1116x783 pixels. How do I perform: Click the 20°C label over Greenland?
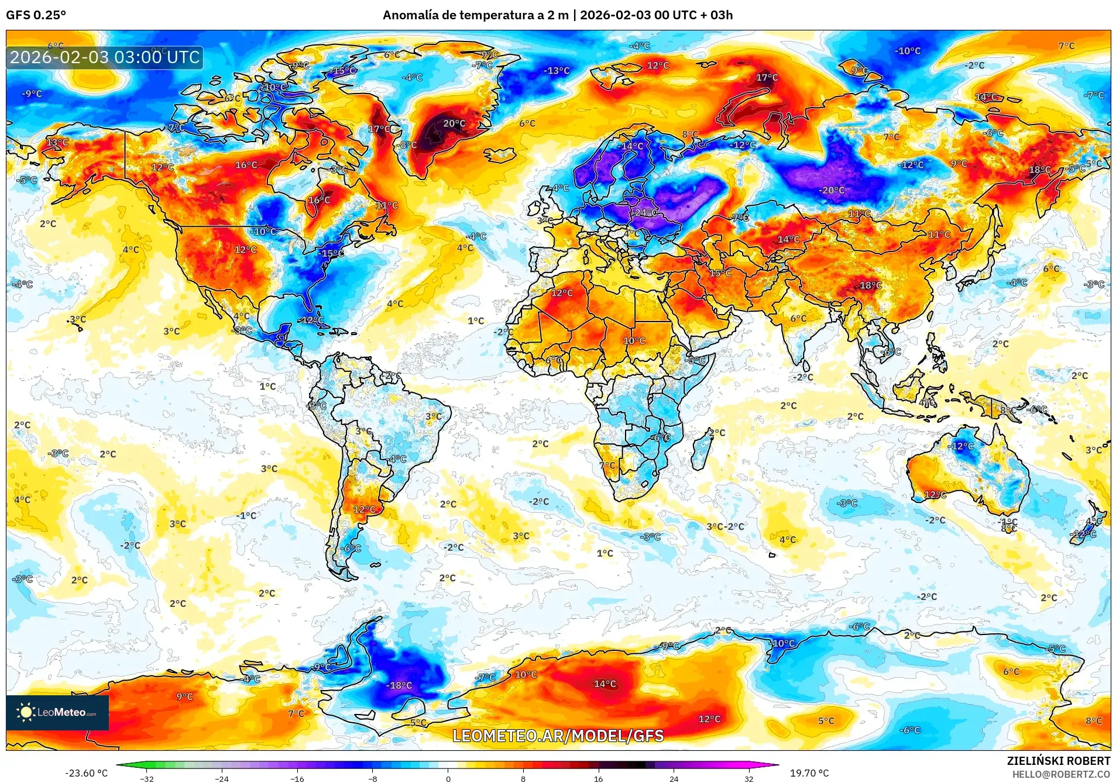point(454,123)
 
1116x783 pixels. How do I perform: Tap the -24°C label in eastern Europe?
point(645,213)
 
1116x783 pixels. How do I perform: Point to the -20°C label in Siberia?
point(832,191)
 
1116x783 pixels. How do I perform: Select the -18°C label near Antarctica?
point(400,685)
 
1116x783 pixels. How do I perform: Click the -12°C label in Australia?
point(962,446)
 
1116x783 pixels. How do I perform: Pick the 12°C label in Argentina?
point(364,510)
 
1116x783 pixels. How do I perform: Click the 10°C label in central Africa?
point(634,341)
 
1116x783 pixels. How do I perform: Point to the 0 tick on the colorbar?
point(448,778)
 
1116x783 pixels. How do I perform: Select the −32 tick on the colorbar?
point(147,778)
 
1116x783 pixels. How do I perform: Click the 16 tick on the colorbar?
point(598,778)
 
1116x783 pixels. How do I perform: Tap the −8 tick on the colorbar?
point(373,778)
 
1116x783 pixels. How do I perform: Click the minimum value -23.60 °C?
point(87,773)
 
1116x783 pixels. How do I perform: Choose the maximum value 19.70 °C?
point(809,773)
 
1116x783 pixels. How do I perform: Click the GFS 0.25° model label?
point(36,15)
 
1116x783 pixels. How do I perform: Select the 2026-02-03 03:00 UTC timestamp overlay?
point(105,57)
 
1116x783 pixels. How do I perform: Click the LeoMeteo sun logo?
point(26,712)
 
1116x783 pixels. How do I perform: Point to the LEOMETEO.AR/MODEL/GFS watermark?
point(558,736)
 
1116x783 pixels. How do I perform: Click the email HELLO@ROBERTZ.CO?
point(1061,774)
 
